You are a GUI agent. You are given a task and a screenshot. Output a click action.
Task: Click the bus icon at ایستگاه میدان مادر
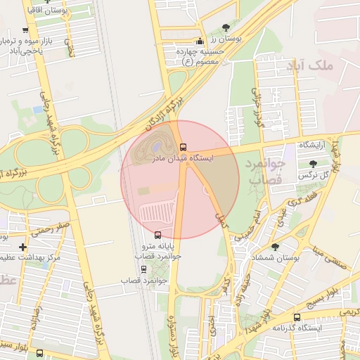(x=184, y=147)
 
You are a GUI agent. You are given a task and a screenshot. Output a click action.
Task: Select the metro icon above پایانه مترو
(x=157, y=235)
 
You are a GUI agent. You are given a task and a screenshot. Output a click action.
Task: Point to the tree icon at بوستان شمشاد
(x=275, y=247)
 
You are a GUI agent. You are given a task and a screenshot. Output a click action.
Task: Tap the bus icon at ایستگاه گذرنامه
(x=297, y=317)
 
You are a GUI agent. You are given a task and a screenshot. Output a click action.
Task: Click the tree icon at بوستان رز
(x=226, y=28)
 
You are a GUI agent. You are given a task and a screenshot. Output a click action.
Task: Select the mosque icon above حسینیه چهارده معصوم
(x=200, y=40)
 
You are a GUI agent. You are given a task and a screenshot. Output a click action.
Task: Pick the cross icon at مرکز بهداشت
(x=23, y=247)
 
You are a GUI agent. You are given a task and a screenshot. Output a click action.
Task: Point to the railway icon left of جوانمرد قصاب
(x=143, y=269)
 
